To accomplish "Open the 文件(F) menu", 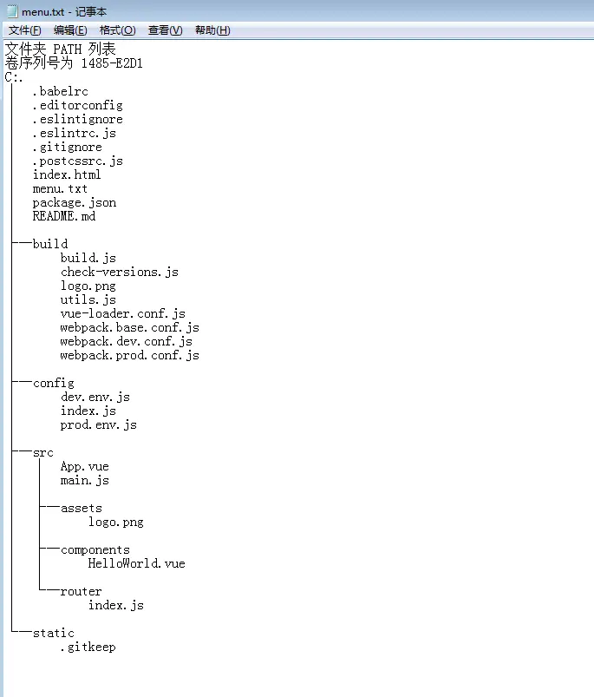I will click(x=24, y=30).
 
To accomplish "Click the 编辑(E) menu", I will click(x=70, y=30).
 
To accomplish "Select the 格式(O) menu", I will click(x=117, y=30).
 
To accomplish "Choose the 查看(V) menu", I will click(x=165, y=30).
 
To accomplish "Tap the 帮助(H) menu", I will click(x=212, y=30).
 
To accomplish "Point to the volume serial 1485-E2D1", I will click(x=112, y=63).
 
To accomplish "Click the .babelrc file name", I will click(x=60, y=91).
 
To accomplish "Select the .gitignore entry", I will click(x=67, y=147).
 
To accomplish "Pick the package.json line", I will click(x=74, y=202).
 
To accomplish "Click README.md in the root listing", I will click(x=63, y=216).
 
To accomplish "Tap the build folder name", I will click(x=49, y=244).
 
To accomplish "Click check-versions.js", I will click(x=119, y=272).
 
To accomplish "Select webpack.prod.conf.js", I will click(x=129, y=355).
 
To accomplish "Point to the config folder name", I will click(x=53, y=383).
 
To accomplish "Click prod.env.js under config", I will click(x=98, y=424).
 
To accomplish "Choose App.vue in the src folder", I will click(x=84, y=466).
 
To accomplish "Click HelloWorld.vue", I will click(x=136, y=563).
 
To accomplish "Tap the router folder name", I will click(x=81, y=591).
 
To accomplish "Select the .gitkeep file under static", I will click(x=88, y=647).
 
